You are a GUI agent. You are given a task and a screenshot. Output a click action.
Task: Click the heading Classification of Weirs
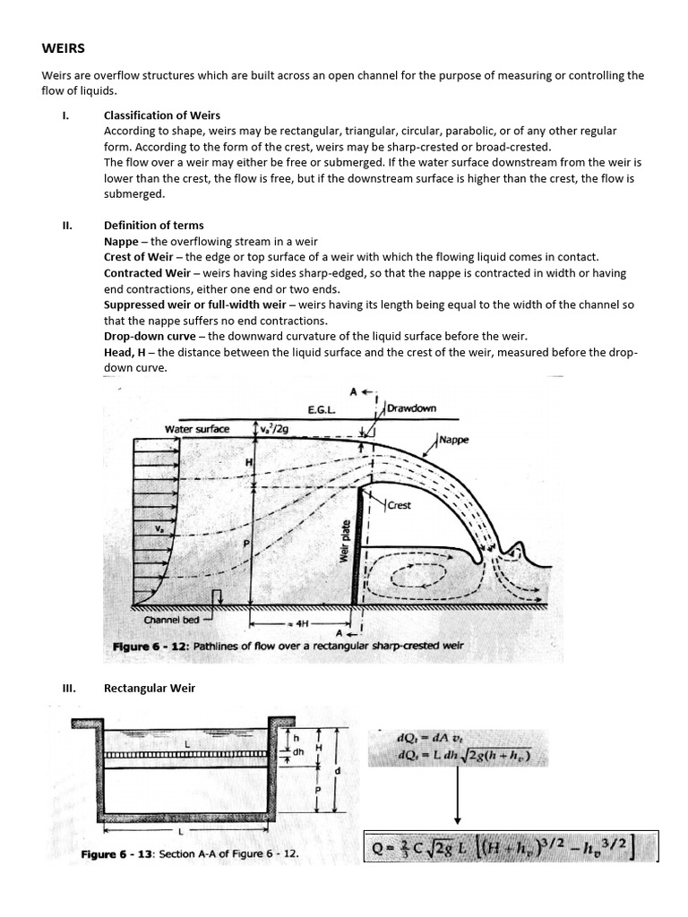point(161,116)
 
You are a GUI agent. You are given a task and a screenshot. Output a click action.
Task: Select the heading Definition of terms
point(153,225)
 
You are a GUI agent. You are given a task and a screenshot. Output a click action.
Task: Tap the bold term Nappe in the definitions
point(121,242)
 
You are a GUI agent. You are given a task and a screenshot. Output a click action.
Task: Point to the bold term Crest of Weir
point(138,257)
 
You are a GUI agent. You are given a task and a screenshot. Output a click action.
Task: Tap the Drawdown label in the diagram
point(411,408)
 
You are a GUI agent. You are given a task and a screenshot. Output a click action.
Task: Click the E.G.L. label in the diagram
point(321,409)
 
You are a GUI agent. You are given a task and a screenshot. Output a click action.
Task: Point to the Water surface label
point(196,429)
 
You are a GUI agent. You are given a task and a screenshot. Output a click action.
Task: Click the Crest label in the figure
point(400,505)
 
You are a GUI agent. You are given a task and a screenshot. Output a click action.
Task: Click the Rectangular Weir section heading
point(149,688)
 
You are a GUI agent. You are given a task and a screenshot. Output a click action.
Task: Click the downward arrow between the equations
point(458,796)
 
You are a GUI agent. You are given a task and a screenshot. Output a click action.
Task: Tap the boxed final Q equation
point(510,846)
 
